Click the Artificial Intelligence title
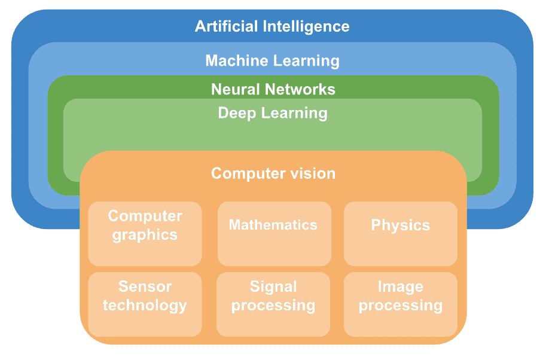tap(272, 27)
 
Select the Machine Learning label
tap(272, 60)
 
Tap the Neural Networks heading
tap(273, 89)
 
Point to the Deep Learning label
tap(272, 113)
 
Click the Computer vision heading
tap(273, 173)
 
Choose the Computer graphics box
tap(145, 233)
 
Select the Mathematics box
tap(273, 233)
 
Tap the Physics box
tap(400, 233)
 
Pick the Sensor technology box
tap(145, 304)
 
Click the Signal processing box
tap(273, 304)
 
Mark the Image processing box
tap(400, 304)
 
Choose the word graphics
tap(145, 234)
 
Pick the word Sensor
tap(145, 286)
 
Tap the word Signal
tap(273, 286)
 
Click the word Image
tap(400, 286)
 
